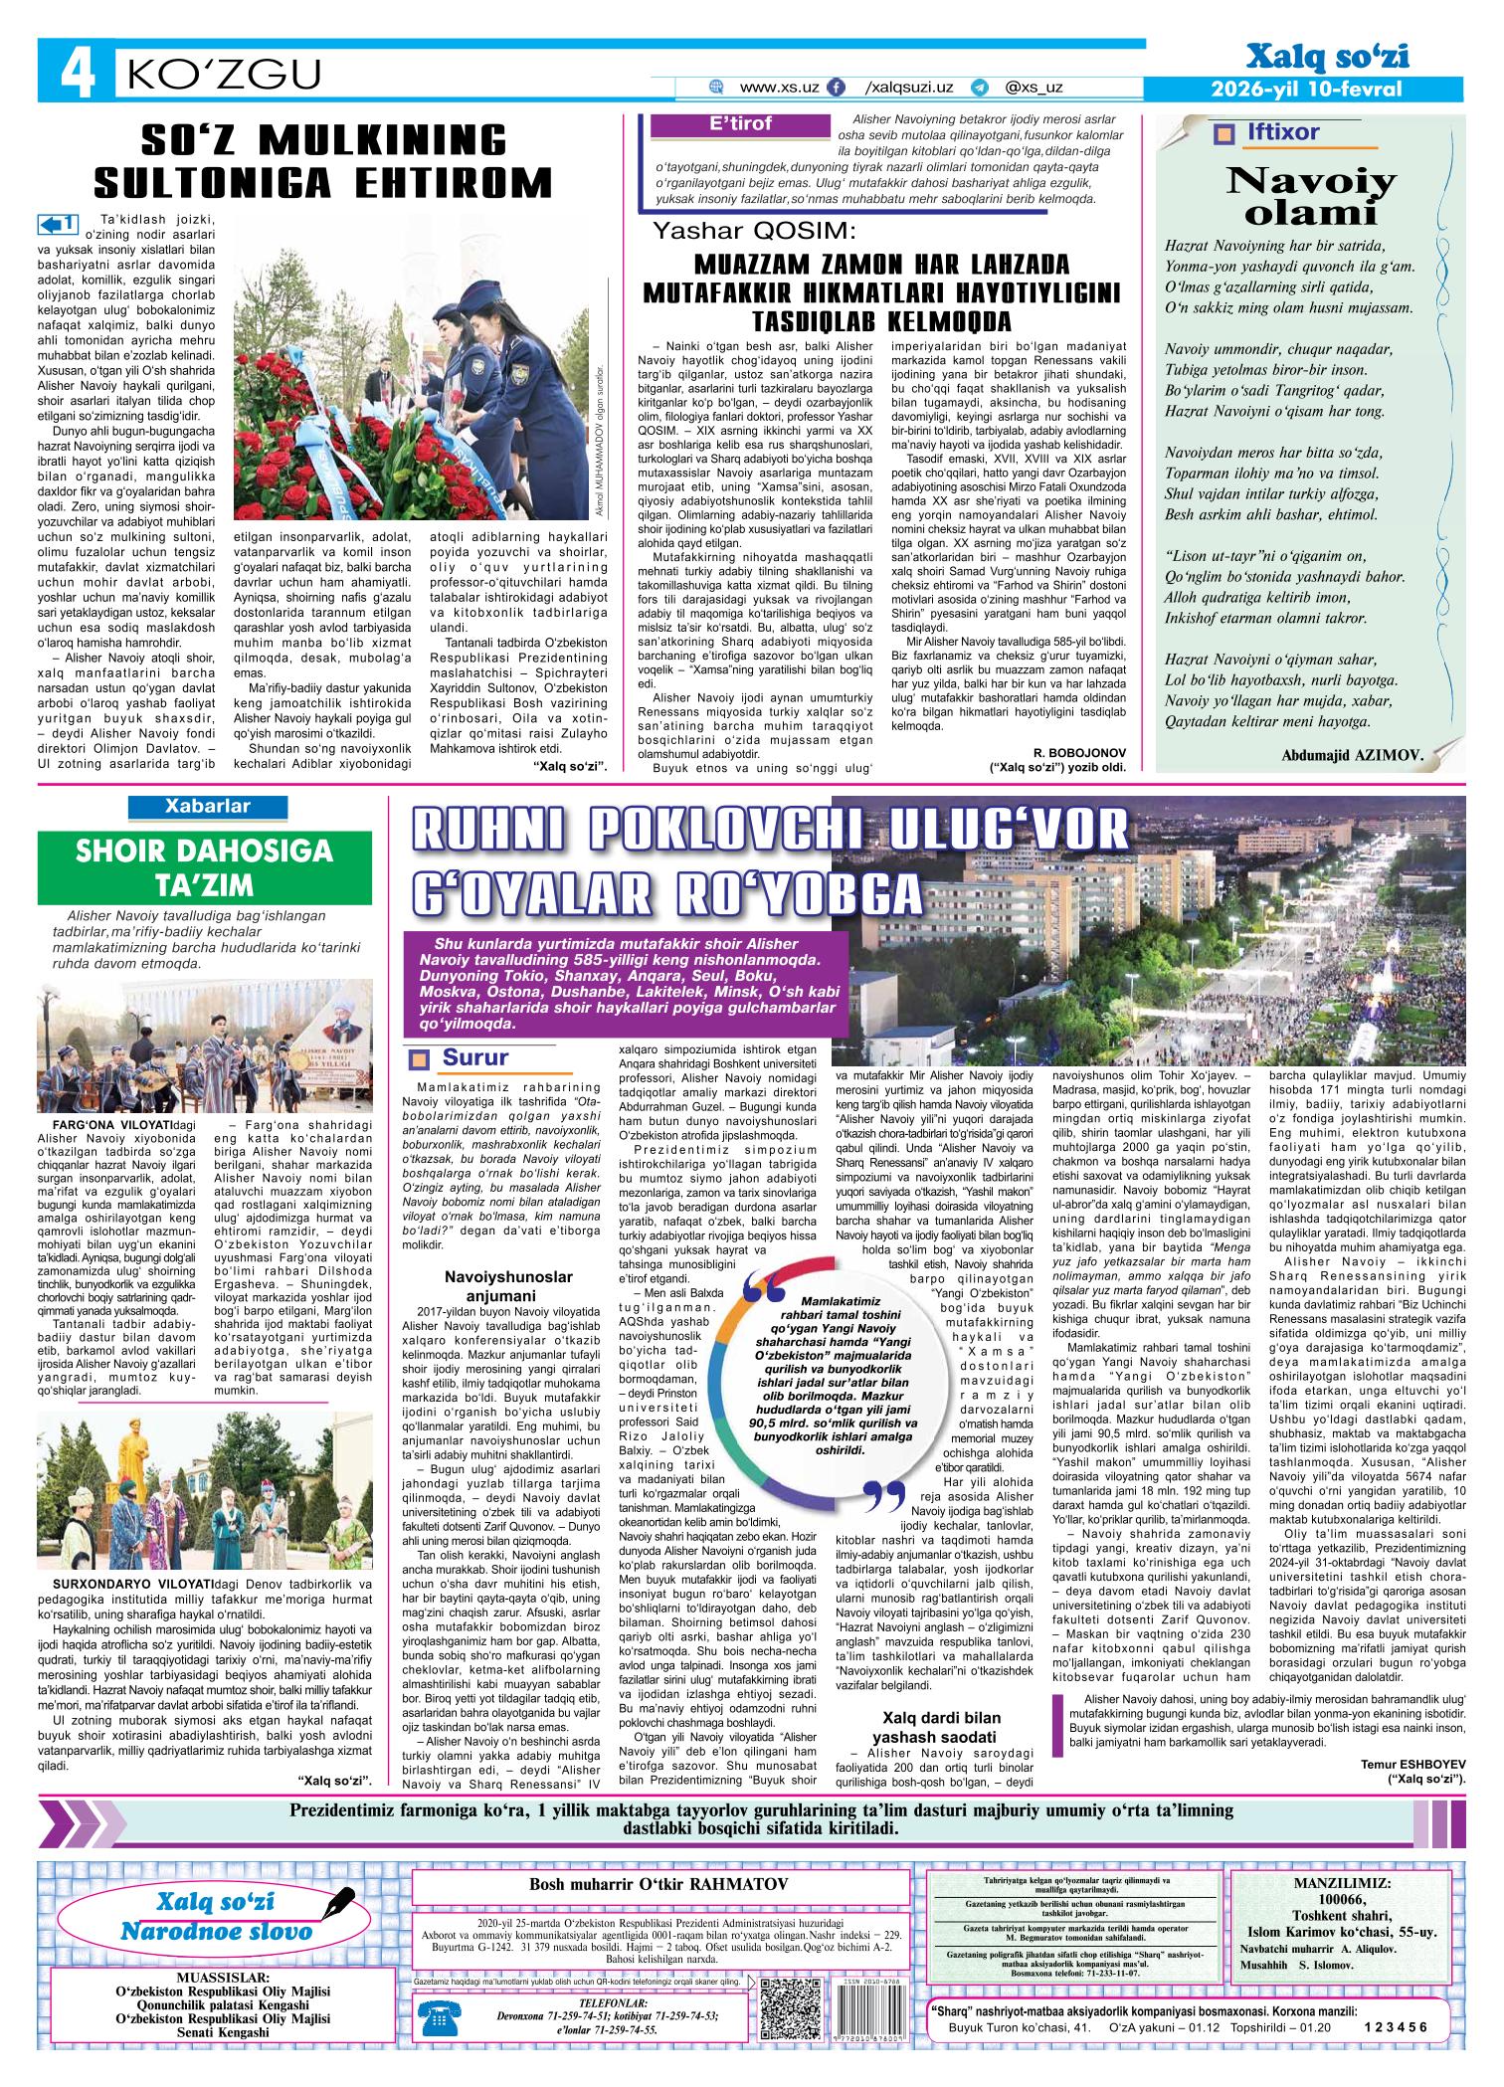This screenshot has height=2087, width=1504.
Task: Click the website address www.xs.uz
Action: [780, 88]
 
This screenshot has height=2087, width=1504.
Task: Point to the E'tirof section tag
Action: [741, 124]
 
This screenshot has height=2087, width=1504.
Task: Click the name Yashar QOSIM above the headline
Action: [753, 232]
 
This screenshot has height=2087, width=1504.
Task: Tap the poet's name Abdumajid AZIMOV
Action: [1353, 755]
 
